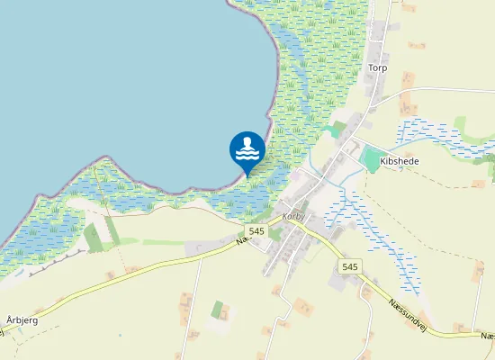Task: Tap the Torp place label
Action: tap(377, 67)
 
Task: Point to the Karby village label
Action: tap(294, 217)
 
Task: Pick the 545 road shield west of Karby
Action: tap(256, 231)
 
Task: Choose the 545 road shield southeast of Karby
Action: tap(350, 267)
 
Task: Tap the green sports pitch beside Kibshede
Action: tap(369, 160)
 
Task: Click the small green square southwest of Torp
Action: tap(337, 130)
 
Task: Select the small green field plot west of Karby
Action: tap(94, 238)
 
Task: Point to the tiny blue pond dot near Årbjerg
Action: tap(120, 336)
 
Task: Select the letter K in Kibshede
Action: tap(384, 161)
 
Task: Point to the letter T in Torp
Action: tap(371, 67)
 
